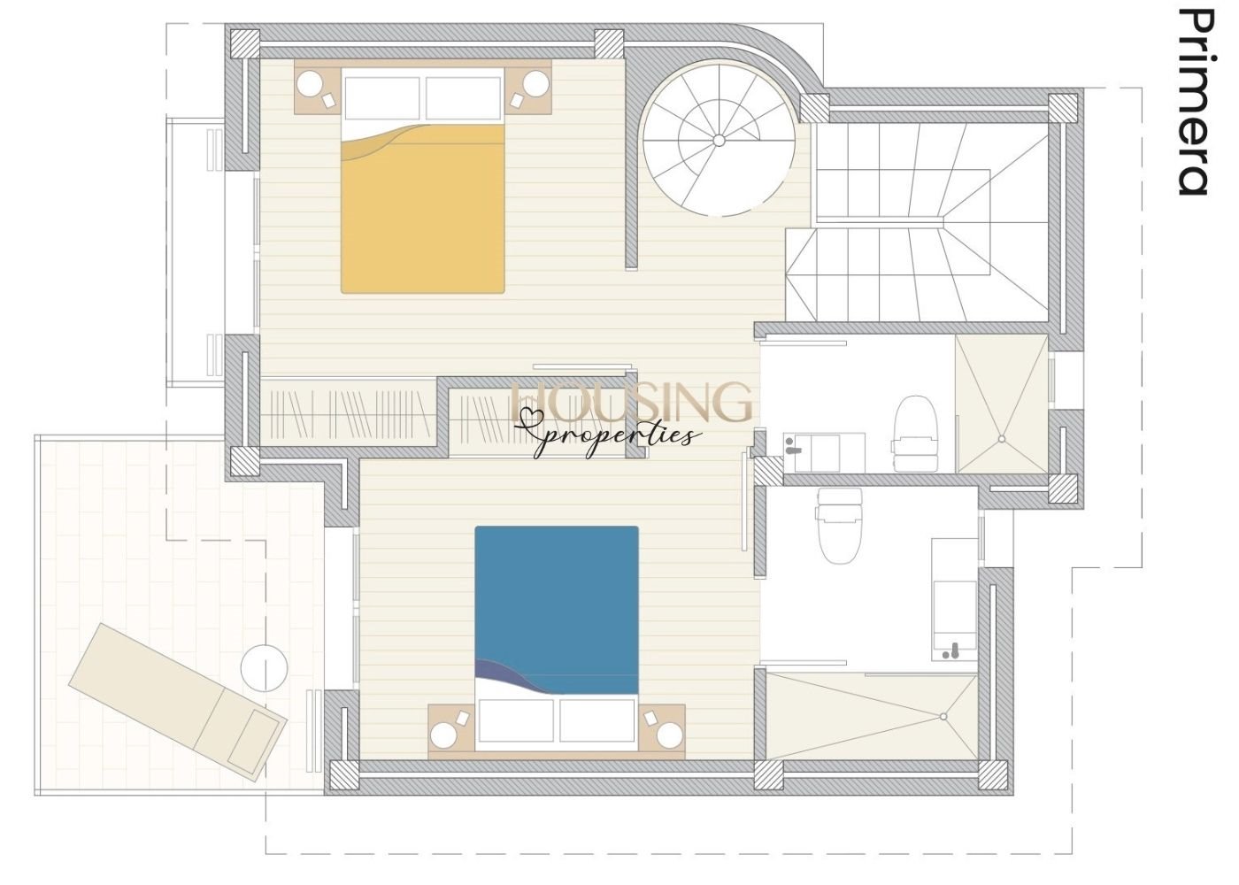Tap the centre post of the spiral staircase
(x=719, y=141)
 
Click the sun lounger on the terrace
(x=177, y=698)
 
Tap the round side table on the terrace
(x=265, y=668)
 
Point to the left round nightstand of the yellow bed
(x=311, y=84)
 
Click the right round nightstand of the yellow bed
(x=536, y=84)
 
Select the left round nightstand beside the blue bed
(x=444, y=736)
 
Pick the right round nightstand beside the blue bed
(x=669, y=735)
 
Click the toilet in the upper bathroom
(x=915, y=434)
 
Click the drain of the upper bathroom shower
(x=1002, y=439)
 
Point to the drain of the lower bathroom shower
(x=943, y=716)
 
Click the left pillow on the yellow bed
(x=381, y=98)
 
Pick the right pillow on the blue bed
(x=596, y=720)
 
